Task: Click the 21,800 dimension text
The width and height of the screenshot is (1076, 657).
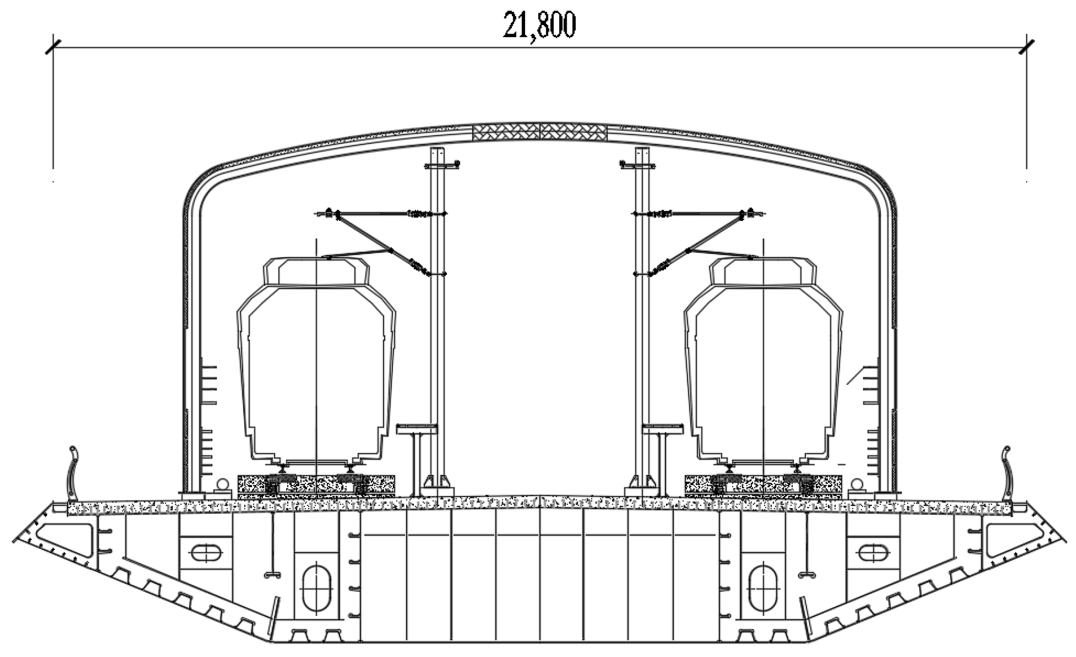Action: tap(539, 25)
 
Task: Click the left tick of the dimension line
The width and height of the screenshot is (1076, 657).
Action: tap(53, 47)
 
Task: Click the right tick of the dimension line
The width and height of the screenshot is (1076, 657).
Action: tap(1026, 47)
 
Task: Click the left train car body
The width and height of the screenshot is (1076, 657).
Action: tap(317, 372)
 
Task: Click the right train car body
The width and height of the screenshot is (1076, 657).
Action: tap(763, 372)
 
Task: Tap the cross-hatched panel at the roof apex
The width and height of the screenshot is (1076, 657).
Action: tap(539, 132)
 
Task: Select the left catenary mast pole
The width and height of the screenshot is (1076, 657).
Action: tap(437, 318)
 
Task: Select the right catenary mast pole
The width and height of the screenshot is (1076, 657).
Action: tap(641, 318)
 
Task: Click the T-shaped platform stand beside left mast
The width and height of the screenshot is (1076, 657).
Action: tap(416, 455)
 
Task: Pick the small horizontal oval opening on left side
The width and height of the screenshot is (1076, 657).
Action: tap(206, 553)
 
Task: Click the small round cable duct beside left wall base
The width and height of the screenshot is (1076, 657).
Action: tap(221, 485)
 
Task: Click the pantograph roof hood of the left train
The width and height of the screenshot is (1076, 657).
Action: tap(317, 272)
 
